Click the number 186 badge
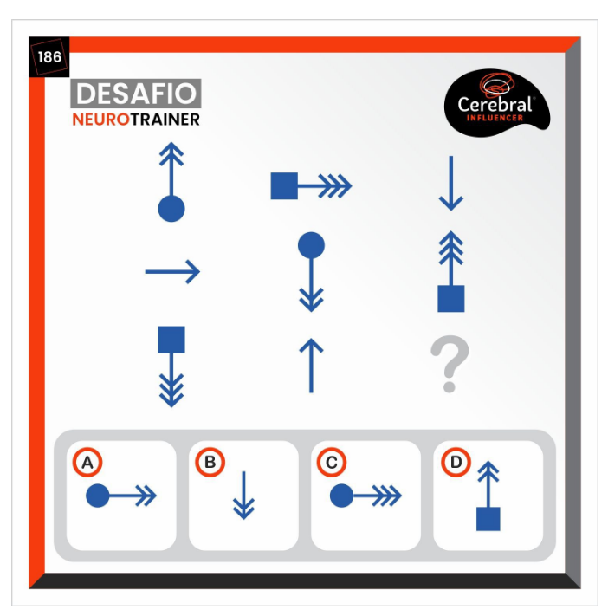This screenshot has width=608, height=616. coord(49,57)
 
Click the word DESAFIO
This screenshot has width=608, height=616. coord(136,94)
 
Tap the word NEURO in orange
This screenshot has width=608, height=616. coord(101,120)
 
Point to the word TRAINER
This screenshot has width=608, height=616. coord(165,120)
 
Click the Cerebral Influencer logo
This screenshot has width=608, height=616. coord(496,102)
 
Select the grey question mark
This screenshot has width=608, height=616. coord(450,364)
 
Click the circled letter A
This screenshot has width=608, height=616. coord(87,462)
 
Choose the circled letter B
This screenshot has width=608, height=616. coord(210,462)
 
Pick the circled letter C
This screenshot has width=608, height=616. coord(332,462)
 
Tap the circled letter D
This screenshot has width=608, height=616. coord(456,462)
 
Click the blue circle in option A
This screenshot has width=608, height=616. coord(97,496)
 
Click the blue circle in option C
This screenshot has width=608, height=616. coord(342,496)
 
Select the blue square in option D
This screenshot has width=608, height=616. coord(488,519)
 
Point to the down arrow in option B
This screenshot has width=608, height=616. coord(244,495)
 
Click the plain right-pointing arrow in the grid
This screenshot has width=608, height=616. coord(172,271)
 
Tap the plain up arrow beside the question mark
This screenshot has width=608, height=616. coord(311,366)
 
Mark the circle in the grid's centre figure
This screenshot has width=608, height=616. coord(311,245)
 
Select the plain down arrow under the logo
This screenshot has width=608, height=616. coord(451,184)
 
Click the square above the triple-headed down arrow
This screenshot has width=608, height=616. coord(171,340)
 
